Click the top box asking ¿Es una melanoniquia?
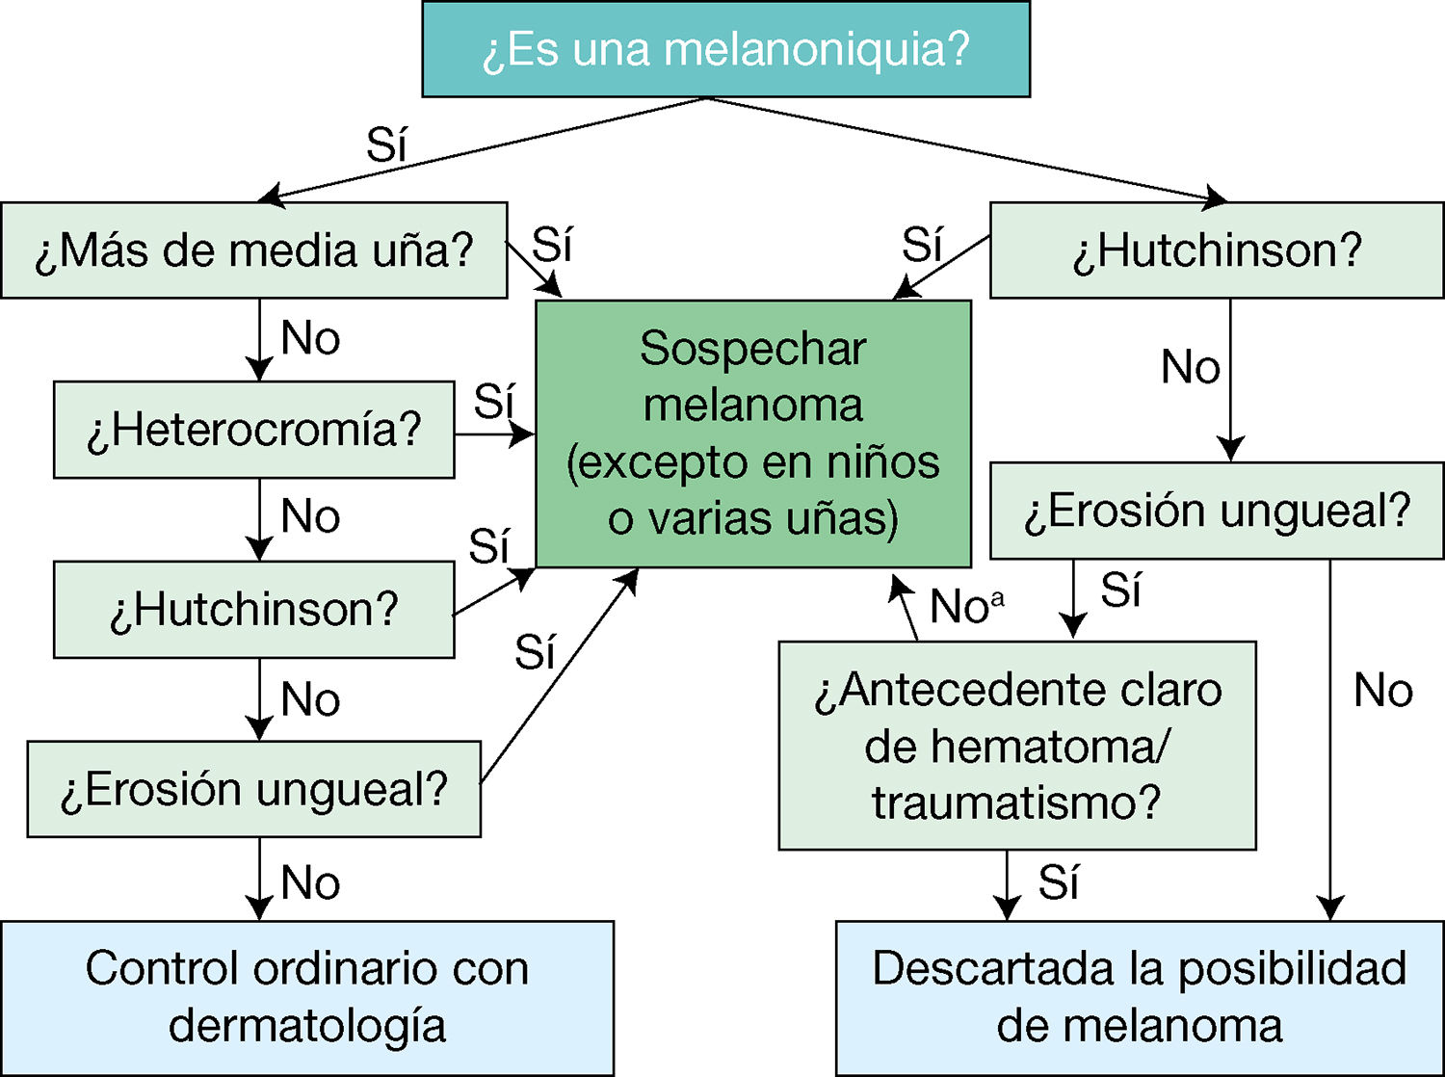pos(725,49)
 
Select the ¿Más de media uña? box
pos(254,250)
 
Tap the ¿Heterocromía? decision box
pos(253,430)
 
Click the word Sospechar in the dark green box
pos(752,349)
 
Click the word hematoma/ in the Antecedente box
pos(1017,747)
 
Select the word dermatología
pos(306,1025)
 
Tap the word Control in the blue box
pos(161,968)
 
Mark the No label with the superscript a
pos(965,607)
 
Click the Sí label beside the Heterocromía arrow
pos(494,401)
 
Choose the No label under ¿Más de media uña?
pos(310,339)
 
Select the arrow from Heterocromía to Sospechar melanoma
pos(494,435)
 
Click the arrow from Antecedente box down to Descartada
pos(1007,884)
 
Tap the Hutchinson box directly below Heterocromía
pos(253,610)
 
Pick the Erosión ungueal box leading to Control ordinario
pos(253,789)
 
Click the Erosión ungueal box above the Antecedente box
pos(1217,511)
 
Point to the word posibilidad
pos(1292,968)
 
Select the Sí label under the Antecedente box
pos(1059,882)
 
